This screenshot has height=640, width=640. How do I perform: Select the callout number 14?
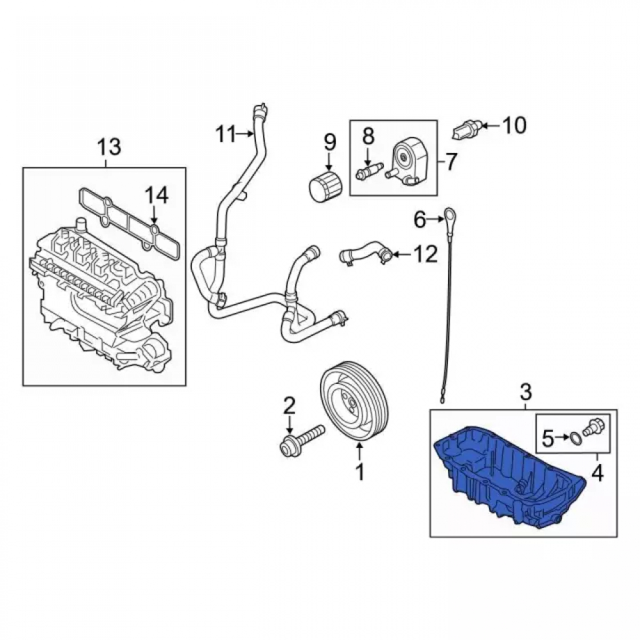(x=157, y=195)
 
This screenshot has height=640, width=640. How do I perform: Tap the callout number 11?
(x=226, y=134)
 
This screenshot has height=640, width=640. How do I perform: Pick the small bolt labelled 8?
(x=369, y=170)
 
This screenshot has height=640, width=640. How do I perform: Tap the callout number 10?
(x=514, y=125)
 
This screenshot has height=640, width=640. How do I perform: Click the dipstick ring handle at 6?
(x=449, y=214)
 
